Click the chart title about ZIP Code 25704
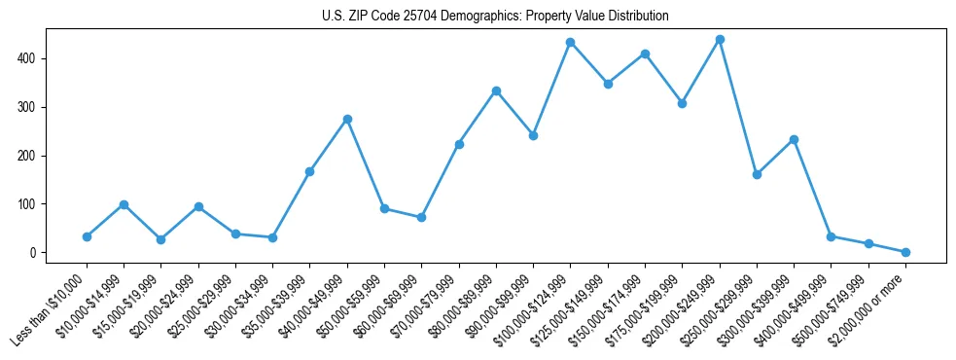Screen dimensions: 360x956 pos(495,17)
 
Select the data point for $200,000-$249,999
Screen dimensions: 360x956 pos(720,40)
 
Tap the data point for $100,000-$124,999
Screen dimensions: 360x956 pos(571,43)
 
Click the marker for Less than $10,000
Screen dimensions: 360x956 pos(87,236)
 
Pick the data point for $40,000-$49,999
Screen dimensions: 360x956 pos(347,119)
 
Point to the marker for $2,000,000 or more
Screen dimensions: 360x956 pos(905,252)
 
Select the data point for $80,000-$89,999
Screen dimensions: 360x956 pos(496,90)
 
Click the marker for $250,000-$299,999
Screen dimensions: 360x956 pos(757,174)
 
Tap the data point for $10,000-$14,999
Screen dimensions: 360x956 pos(124,204)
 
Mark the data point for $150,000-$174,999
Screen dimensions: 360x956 pos(645,54)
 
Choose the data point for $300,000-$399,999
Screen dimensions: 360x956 pos(794,139)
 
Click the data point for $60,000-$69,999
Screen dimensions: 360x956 pos(421,217)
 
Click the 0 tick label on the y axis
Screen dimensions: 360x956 pos(34,253)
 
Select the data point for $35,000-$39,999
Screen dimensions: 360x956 pos(309,171)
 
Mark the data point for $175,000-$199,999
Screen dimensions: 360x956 pos(682,103)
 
